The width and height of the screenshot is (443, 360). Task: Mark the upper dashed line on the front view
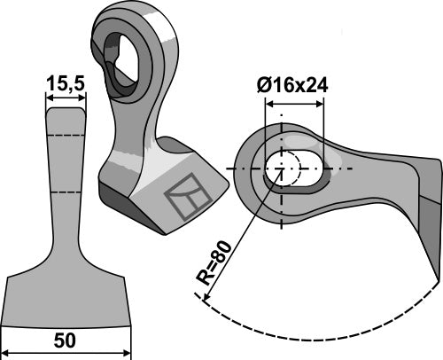pyautogui.click(x=66, y=134)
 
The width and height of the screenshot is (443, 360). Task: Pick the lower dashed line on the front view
pyautogui.click(x=66, y=191)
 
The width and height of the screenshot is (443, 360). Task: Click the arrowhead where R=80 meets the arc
pyautogui.click(x=206, y=301)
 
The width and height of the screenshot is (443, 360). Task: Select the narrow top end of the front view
pyautogui.click(x=66, y=115)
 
